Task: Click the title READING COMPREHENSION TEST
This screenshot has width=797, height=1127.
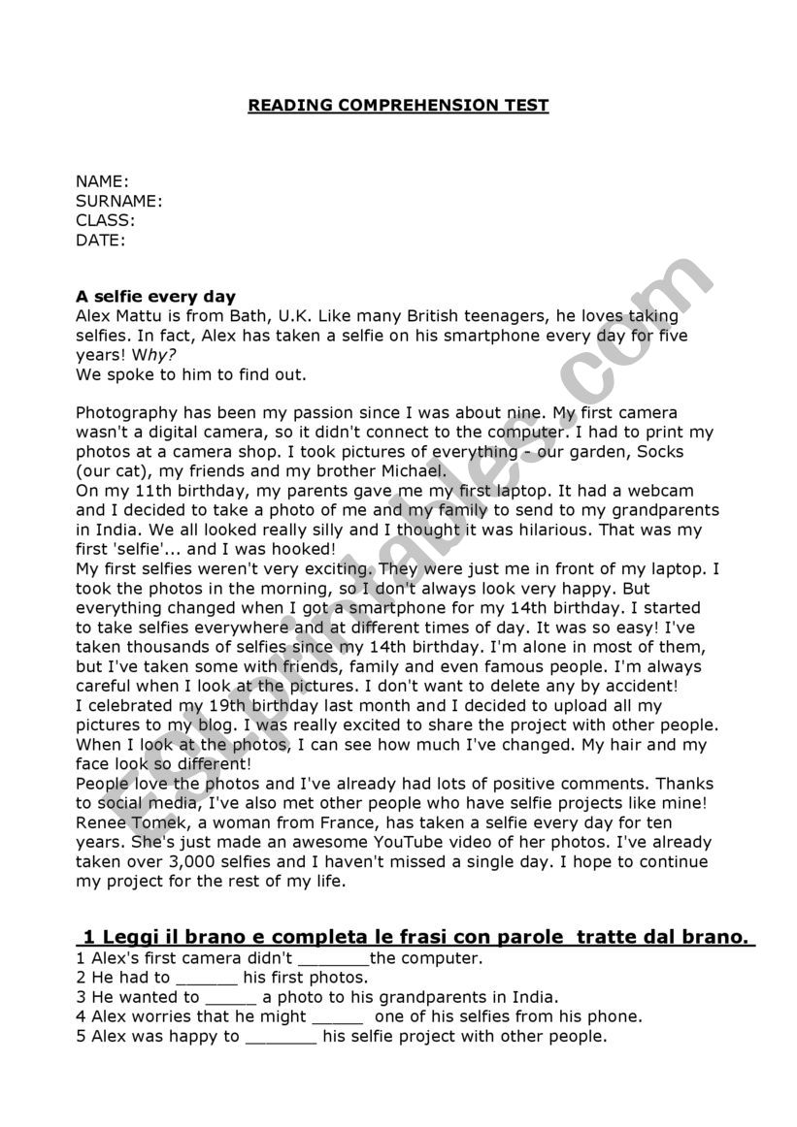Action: tap(398, 105)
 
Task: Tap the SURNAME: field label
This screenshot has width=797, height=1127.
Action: tap(118, 201)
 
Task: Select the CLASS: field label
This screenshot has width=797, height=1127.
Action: tap(105, 220)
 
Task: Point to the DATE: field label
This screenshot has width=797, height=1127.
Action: tap(100, 240)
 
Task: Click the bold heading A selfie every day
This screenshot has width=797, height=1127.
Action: tap(155, 297)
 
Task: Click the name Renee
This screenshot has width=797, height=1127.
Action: tap(100, 822)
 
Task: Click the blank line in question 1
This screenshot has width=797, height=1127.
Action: tap(333, 959)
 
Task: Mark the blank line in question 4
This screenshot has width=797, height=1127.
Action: tap(337, 1017)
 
